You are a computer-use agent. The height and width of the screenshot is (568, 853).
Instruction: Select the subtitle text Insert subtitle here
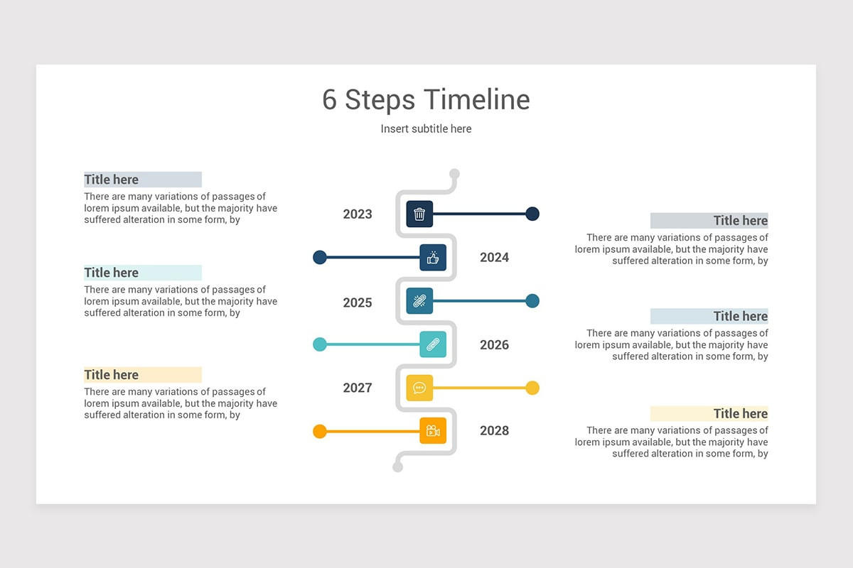426,129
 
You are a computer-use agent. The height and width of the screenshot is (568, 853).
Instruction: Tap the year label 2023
358,214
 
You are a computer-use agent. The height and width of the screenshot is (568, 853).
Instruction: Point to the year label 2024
494,258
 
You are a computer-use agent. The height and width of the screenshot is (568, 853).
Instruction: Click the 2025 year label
358,303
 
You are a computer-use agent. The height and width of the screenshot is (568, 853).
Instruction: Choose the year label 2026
494,345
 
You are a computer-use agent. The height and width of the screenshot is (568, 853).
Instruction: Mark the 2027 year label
358,388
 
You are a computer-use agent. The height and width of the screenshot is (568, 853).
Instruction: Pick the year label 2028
494,431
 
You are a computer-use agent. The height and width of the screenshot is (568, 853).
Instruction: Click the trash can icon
419,214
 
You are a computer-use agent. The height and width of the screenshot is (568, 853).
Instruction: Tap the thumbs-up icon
433,258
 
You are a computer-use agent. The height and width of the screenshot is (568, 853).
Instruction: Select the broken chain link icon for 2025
419,301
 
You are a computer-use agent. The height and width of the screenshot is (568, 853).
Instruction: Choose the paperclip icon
433,344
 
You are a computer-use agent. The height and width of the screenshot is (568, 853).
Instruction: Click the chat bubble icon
419,388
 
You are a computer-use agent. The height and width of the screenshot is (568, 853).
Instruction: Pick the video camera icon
433,431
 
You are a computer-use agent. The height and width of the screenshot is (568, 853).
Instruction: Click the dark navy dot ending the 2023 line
532,214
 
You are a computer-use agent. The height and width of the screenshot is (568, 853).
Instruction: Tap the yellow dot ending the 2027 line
532,388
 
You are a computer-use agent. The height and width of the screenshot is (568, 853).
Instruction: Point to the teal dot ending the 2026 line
320,344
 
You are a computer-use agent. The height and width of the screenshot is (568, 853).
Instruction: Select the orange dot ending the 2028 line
320,431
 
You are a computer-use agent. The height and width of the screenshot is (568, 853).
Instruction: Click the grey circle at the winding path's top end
455,174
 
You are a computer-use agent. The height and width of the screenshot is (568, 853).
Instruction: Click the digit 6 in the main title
329,100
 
